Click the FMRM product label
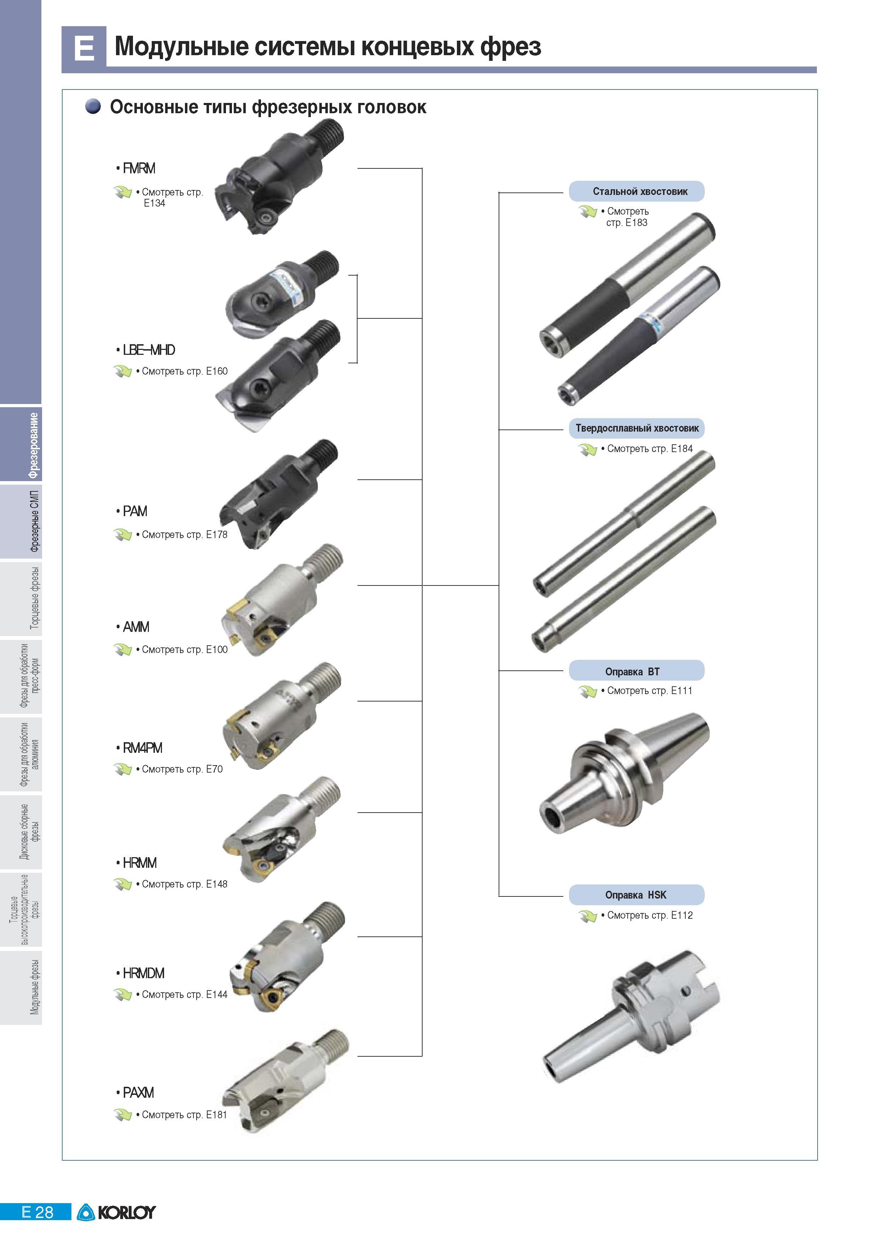click(x=139, y=169)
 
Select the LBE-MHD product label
click(x=149, y=350)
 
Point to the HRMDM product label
click(x=144, y=974)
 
